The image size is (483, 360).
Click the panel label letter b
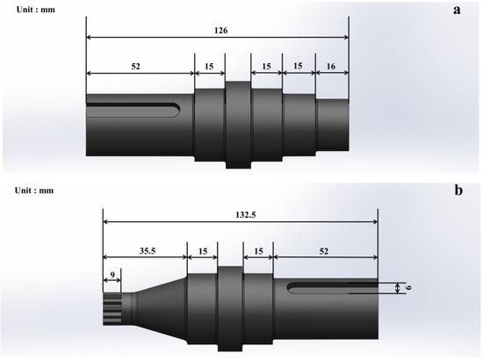coord(456,189)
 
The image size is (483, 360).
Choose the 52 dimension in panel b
coord(326,249)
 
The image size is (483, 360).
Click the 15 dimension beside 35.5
coord(203,249)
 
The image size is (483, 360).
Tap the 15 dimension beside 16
coord(299,67)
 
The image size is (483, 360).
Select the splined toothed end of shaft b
coord(112,306)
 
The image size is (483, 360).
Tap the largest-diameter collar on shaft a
coord(238,123)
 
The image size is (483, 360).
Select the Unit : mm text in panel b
coord(34,190)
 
